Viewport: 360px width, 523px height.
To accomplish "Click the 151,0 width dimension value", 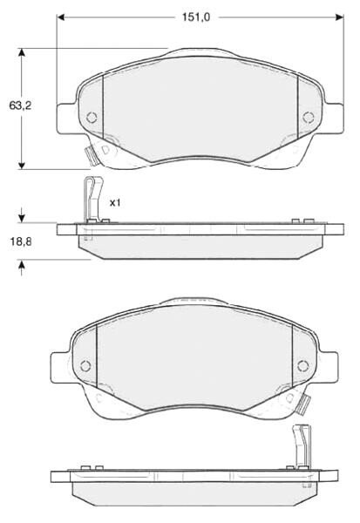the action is pyautogui.click(x=196, y=17).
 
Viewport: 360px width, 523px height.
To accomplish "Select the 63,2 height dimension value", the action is pyautogui.click(x=20, y=105).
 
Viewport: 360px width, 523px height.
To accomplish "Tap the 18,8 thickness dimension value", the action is pyautogui.click(x=21, y=241).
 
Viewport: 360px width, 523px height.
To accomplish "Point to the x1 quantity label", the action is pyautogui.click(x=115, y=202).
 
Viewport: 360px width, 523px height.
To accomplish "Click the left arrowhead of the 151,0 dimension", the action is pyautogui.click(x=60, y=17).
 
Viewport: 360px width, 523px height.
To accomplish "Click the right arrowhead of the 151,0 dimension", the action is pyautogui.click(x=340, y=17).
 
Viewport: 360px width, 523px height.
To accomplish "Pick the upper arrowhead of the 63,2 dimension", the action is pyautogui.click(x=22, y=52).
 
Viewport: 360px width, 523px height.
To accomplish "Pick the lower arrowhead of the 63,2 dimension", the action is pyautogui.click(x=22, y=166).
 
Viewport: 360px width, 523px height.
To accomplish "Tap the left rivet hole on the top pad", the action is pyautogui.click(x=92, y=117).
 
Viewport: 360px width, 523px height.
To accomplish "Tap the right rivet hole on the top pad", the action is pyautogui.click(x=309, y=117).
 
